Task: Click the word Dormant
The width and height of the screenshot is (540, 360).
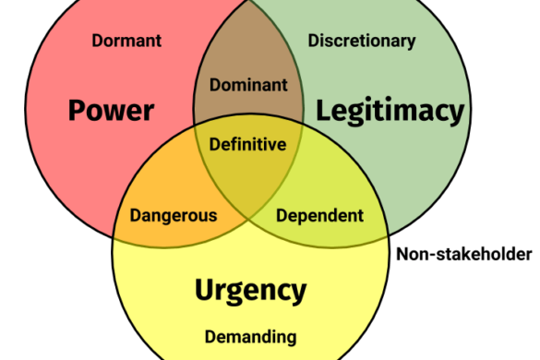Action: point(127,41)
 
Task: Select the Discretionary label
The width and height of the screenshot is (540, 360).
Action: point(362,41)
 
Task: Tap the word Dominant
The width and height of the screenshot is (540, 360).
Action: point(248,85)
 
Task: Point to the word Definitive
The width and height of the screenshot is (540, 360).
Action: point(247,144)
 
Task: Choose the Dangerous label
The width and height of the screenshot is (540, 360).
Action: point(174,216)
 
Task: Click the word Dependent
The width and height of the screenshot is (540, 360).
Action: point(320,216)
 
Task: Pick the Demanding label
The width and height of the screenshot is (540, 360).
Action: point(250,337)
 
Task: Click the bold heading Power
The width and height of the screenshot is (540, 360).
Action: point(111,112)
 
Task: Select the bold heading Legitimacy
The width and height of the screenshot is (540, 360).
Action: point(390,112)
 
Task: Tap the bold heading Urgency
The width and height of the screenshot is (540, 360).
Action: point(250,291)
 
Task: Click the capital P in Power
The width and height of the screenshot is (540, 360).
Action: point(78,112)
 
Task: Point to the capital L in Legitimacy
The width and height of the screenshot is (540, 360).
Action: point(323,112)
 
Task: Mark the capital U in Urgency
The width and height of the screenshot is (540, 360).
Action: point(205,291)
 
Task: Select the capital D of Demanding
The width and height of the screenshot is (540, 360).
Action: point(210,337)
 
